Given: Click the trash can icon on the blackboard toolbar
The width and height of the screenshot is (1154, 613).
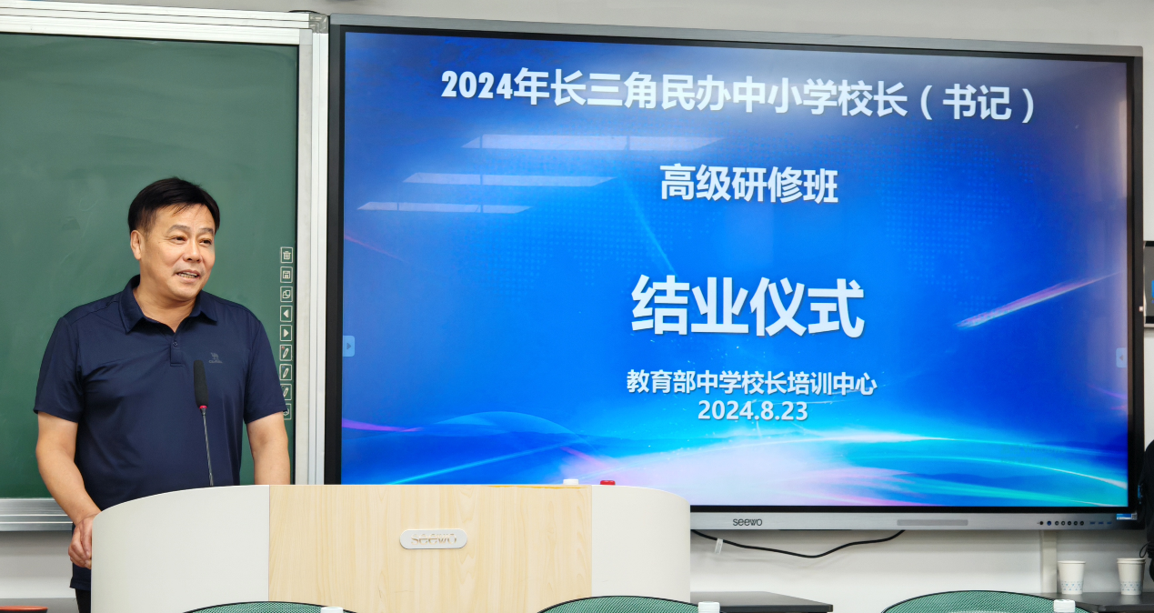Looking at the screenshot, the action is [286, 255].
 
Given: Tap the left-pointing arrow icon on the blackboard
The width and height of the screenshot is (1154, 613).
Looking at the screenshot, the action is [286, 314].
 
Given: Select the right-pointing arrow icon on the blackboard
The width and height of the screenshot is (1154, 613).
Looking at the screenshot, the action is [286, 333].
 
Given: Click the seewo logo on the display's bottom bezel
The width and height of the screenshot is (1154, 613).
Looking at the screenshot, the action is [747, 522].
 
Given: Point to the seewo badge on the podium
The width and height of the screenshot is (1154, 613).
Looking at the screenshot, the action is [433, 538].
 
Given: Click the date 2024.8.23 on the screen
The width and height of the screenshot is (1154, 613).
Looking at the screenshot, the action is [753, 410].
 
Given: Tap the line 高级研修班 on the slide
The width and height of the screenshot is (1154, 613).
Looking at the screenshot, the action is [749, 184].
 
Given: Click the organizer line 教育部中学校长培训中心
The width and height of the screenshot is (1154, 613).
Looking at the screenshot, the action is [752, 383].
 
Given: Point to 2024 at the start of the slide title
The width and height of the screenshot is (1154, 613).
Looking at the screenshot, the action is [477, 85].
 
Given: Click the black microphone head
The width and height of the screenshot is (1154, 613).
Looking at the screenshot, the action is [200, 384].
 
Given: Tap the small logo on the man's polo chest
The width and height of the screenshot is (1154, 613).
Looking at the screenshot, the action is [216, 357].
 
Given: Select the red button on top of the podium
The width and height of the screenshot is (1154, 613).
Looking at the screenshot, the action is [607, 483].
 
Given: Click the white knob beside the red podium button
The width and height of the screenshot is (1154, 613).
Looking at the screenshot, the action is [571, 482].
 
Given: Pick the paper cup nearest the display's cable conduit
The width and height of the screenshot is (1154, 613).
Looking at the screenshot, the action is [1070, 577].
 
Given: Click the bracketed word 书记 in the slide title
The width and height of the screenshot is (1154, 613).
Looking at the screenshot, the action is [977, 102].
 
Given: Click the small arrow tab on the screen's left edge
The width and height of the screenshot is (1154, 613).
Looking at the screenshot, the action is [349, 347].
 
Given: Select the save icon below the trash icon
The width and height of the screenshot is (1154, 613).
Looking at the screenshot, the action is [286, 275].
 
